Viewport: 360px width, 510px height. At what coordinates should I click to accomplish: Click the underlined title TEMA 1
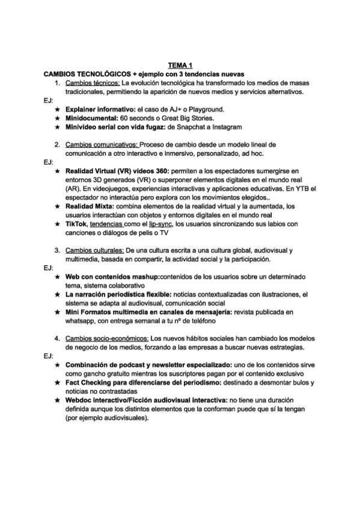pos(180,64)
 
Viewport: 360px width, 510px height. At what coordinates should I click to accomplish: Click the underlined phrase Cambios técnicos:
pos(93,82)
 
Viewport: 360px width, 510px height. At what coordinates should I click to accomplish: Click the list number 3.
pos(56,250)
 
